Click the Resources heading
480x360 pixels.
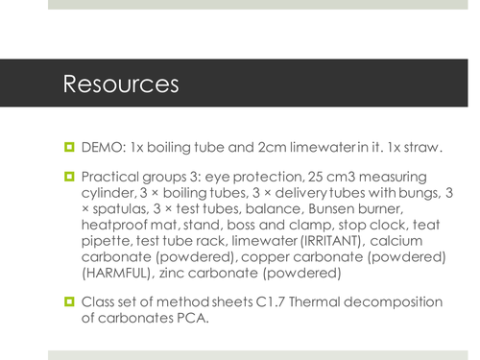pos(121,84)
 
